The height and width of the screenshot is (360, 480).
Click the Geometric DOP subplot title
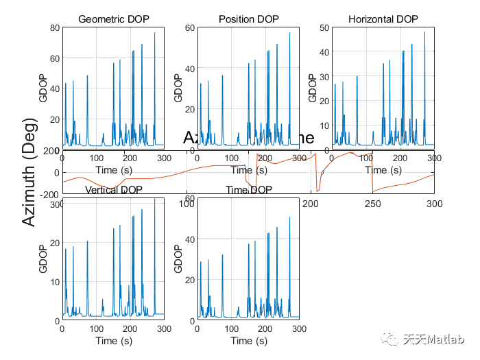tap(113, 19)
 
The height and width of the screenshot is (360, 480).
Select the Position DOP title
tap(249, 19)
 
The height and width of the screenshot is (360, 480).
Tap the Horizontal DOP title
tap(384, 19)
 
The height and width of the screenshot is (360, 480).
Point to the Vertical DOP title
tap(113, 190)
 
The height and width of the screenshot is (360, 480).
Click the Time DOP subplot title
tap(249, 190)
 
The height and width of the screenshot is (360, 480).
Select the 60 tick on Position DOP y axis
tap(189, 27)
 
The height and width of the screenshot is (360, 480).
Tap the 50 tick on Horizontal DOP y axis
tap(325, 27)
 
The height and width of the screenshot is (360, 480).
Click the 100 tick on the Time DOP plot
tap(186, 204)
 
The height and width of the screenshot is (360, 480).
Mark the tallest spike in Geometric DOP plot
tap(154, 33)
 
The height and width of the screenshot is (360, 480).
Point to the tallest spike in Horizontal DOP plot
tap(424, 33)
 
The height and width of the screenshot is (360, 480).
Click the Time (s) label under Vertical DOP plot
tap(113, 340)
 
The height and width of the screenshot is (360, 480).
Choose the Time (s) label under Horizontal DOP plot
tap(384, 169)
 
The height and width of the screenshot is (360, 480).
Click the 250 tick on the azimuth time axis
tap(372, 204)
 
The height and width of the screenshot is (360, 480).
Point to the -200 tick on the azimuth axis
tap(49, 194)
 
